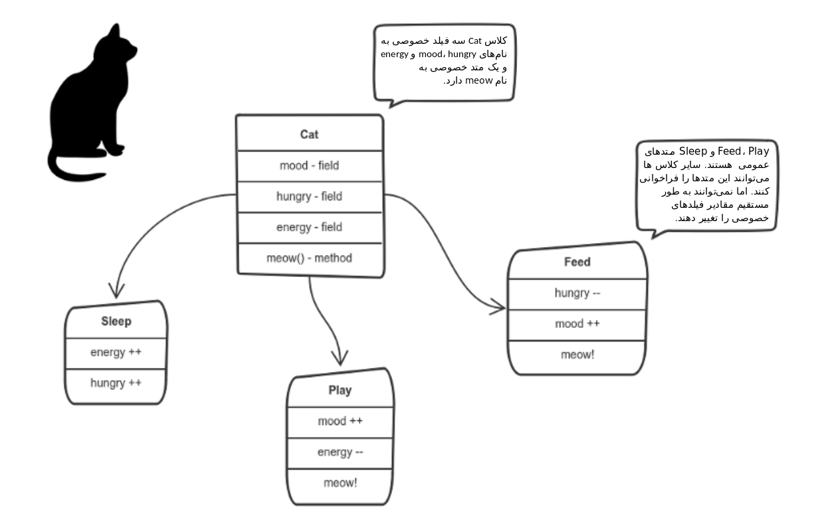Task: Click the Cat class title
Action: (309, 134)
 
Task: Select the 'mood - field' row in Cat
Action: (310, 165)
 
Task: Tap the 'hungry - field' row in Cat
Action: (310, 197)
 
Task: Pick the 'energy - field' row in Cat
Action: (310, 227)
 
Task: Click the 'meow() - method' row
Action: (310, 258)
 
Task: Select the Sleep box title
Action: (116, 321)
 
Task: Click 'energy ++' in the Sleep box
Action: (116, 352)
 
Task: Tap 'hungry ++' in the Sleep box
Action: (116, 383)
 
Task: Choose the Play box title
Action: (340, 390)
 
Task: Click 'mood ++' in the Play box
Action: (340, 421)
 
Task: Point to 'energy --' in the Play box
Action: (340, 452)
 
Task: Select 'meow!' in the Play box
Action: (340, 483)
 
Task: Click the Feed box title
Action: (577, 262)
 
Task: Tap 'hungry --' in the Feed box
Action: (577, 293)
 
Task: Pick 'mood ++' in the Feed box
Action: (577, 324)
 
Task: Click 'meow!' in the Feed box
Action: (577, 355)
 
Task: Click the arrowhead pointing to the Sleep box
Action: (116, 296)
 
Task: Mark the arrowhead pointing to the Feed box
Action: (502, 307)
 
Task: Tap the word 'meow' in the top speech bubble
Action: (478, 80)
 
